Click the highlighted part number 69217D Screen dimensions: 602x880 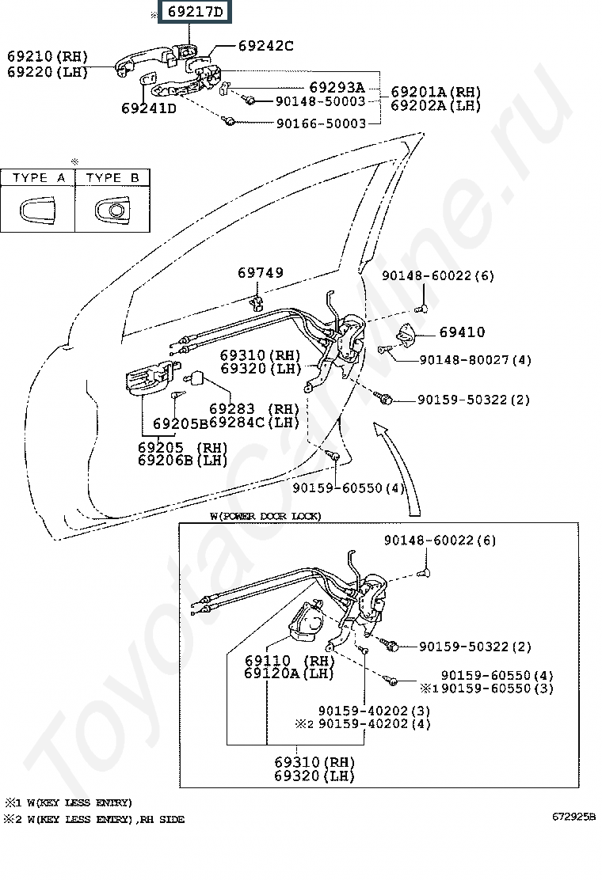195,12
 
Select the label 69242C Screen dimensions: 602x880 265,46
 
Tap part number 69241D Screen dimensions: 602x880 149,108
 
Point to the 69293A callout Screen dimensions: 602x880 337,88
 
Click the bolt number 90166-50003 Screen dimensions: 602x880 321,123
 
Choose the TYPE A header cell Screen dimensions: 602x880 38,178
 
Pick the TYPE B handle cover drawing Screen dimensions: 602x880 112,211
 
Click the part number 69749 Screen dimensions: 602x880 261,273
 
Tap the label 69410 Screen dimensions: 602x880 462,332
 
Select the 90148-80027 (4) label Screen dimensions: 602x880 475,360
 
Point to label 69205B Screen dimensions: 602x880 181,423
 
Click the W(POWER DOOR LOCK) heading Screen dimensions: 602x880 265,516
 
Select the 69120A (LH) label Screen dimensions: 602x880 289,673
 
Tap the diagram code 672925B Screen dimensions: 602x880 574,817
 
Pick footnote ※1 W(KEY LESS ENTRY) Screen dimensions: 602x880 68,802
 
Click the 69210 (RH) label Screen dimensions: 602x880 48,56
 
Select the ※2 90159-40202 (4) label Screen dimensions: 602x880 363,724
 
